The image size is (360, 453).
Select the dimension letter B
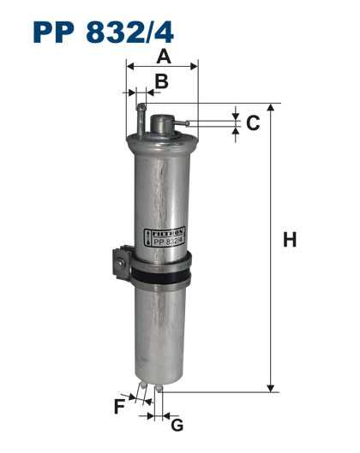(x=160, y=81)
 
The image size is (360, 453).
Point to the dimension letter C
(x=253, y=123)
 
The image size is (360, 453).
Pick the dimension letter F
(x=119, y=406)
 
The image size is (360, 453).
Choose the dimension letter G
(x=177, y=425)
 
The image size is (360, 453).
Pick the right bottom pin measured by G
(x=157, y=396)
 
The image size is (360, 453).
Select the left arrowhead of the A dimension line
(x=130, y=65)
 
